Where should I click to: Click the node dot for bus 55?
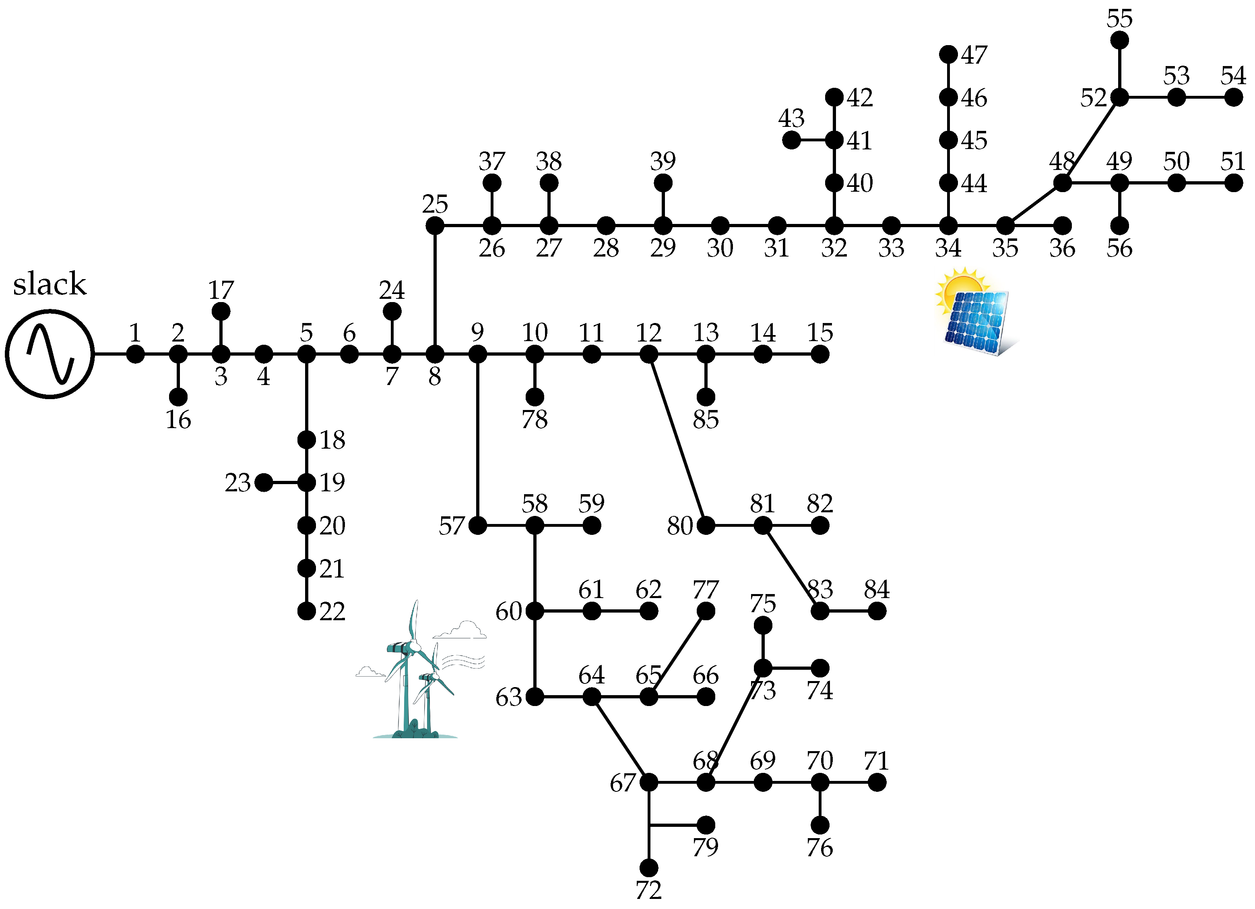tap(1119, 40)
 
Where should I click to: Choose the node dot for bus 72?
tap(648, 868)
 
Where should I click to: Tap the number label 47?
tap(974, 55)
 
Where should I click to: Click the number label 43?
tap(791, 118)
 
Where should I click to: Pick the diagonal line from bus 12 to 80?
tap(677, 439)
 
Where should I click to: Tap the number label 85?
tap(706, 420)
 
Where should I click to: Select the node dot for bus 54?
tap(1233, 97)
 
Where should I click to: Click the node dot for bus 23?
tap(263, 483)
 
